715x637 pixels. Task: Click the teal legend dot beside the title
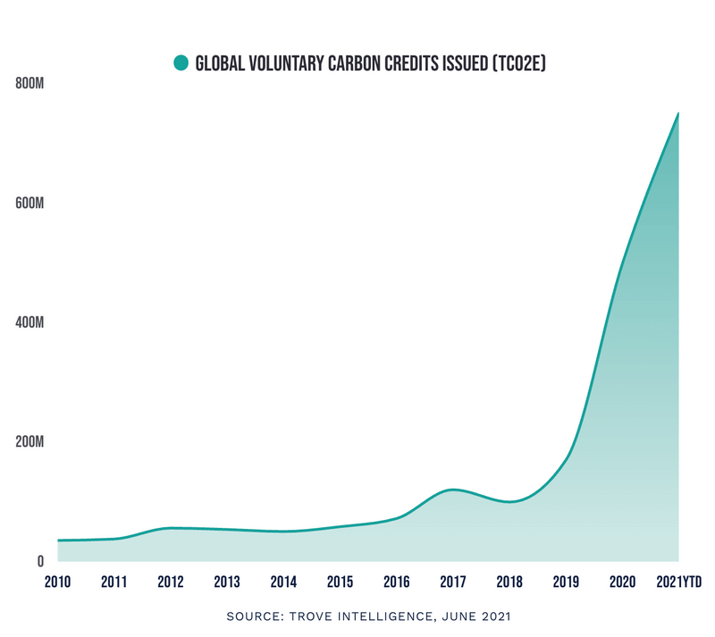click(181, 63)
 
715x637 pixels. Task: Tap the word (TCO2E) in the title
click(517, 63)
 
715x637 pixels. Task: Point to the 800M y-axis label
click(30, 84)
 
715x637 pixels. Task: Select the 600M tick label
click(30, 204)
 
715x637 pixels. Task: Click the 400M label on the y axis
click(30, 323)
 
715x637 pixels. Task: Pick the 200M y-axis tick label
click(30, 442)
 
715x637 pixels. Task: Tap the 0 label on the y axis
click(40, 561)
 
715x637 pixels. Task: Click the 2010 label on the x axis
click(58, 583)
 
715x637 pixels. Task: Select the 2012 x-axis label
click(171, 583)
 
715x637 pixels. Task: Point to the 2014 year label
click(283, 583)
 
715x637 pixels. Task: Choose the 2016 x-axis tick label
click(396, 583)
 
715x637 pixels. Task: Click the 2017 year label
click(453, 583)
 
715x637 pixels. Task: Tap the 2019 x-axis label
click(566, 583)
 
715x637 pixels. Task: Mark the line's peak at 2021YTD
click(678, 113)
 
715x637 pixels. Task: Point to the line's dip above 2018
click(509, 502)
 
